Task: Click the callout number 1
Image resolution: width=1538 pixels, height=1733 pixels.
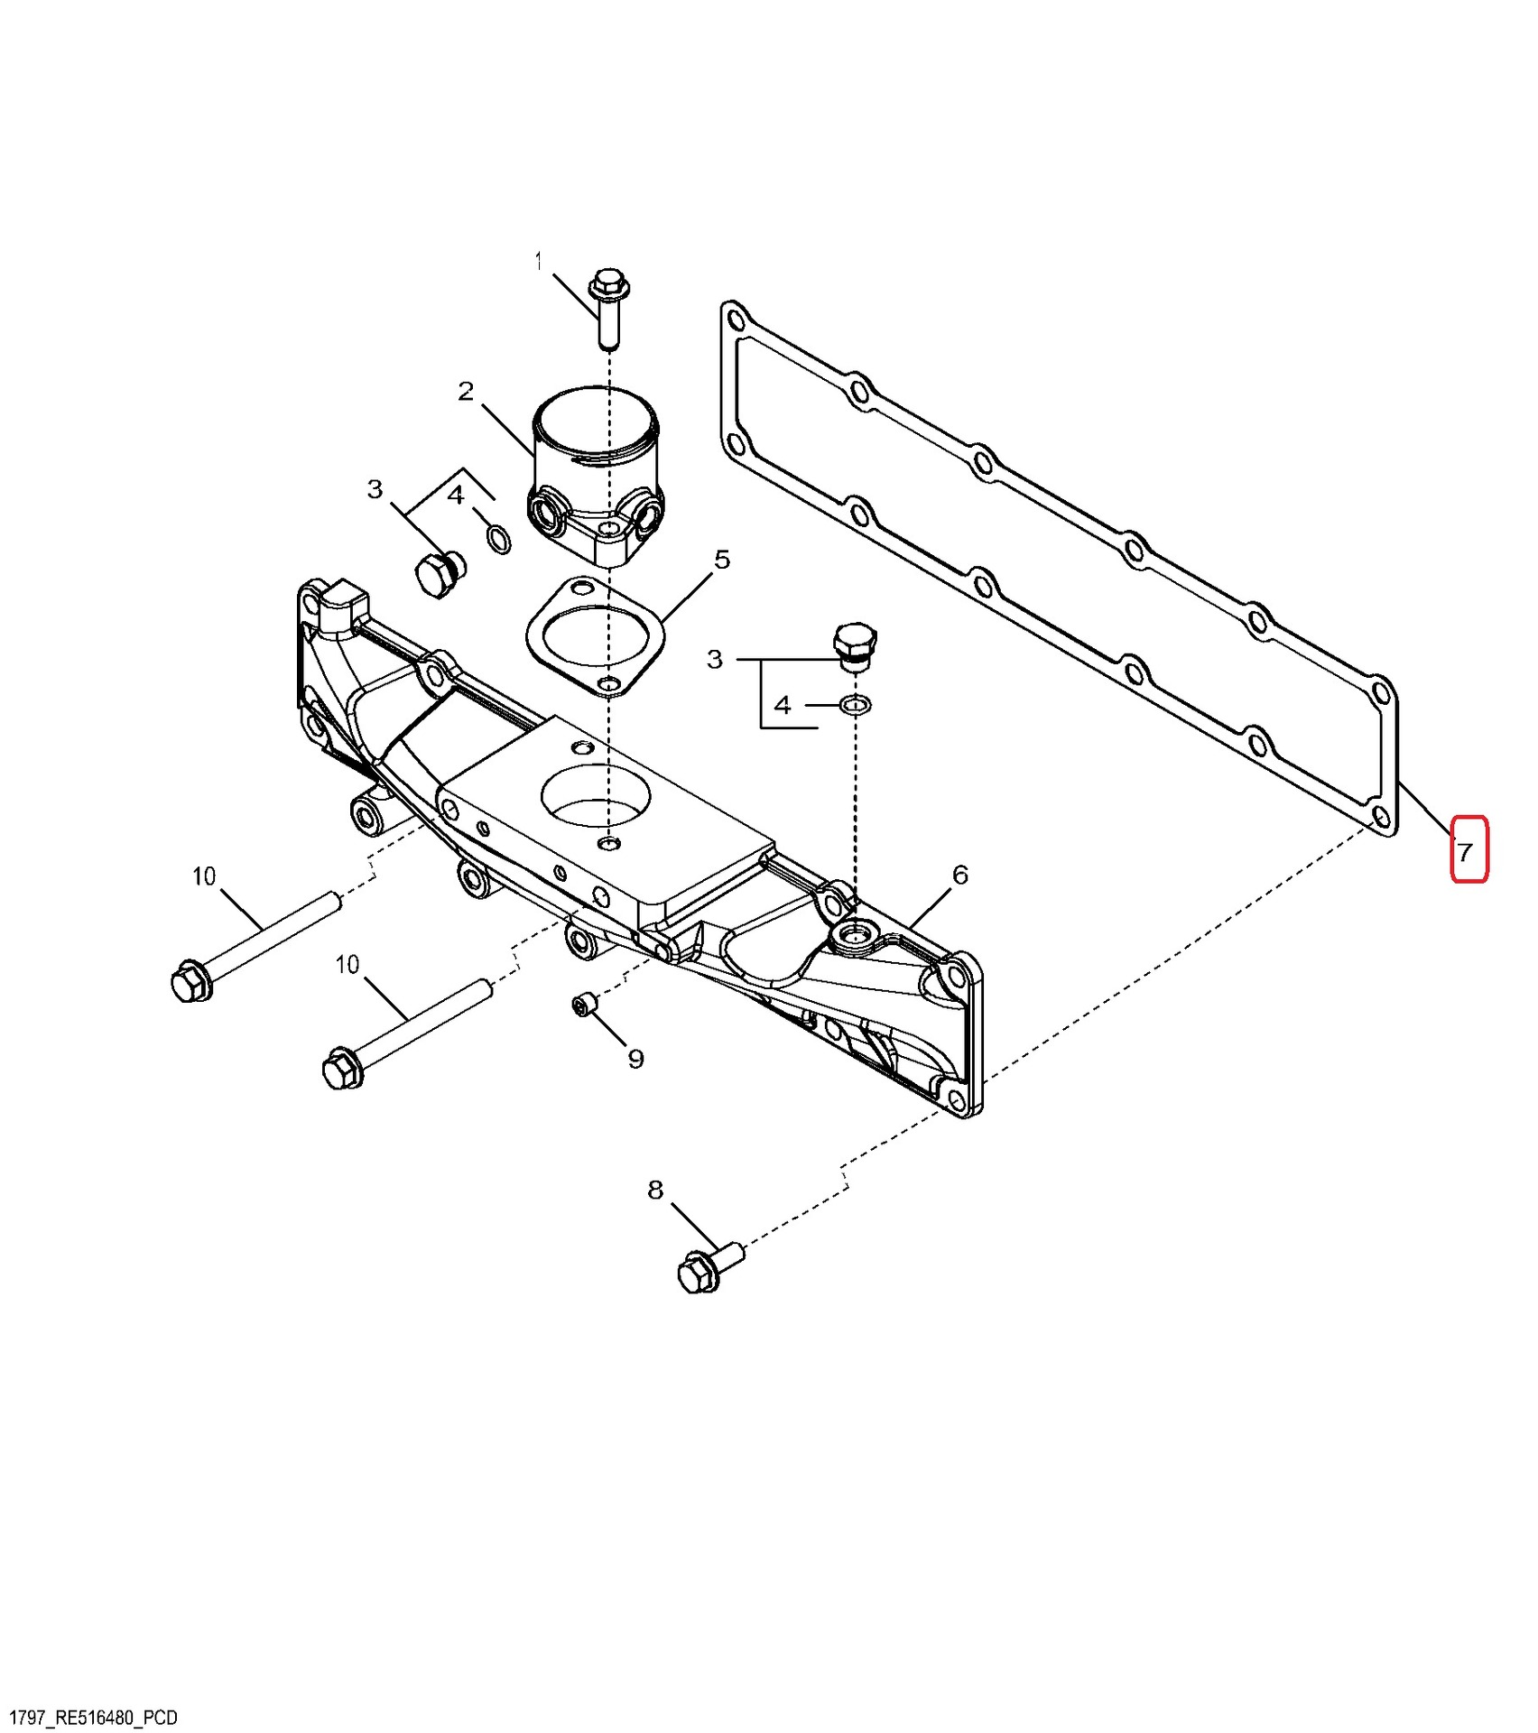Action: [539, 262]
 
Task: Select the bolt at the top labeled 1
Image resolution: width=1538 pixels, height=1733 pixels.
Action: [608, 308]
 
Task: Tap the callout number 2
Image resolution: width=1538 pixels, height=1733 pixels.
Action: [466, 392]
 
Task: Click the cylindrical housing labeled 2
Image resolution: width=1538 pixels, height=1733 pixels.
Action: [596, 475]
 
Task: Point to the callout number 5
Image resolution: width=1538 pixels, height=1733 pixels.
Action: [722, 560]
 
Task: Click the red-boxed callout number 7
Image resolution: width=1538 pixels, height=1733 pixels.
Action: [1464, 851]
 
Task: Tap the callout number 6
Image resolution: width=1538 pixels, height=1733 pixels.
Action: [960, 875]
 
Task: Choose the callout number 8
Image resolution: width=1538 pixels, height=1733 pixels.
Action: [655, 1190]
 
